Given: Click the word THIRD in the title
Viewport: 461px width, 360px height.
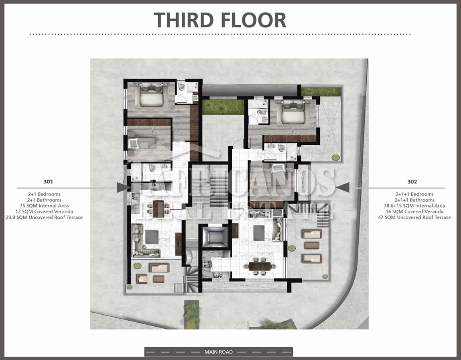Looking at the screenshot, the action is [x=183, y=20].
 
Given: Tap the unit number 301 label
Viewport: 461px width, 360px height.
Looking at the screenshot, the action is [x=48, y=181].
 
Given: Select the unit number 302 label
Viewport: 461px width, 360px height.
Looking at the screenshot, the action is [x=412, y=181].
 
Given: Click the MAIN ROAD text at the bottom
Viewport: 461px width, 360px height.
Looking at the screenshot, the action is [x=218, y=352].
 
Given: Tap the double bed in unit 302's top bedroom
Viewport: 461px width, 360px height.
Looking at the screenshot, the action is [x=293, y=112].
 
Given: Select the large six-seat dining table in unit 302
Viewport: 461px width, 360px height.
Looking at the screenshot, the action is [x=260, y=266].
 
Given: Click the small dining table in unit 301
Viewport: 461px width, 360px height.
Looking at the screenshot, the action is [x=158, y=208].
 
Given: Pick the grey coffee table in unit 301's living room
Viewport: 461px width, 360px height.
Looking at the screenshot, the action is [x=152, y=237].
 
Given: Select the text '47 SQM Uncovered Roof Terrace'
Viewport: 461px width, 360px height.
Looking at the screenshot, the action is [x=414, y=218].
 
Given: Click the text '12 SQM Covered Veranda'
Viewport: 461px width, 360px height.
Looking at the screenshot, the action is [x=45, y=212].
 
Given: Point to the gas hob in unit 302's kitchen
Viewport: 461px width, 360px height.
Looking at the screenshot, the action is [x=207, y=264].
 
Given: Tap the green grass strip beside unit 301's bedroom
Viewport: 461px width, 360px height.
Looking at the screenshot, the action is [x=223, y=107].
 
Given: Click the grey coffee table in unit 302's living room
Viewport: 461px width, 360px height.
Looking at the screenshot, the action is [x=259, y=233].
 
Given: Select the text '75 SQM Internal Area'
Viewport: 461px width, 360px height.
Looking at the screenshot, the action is [x=44, y=205].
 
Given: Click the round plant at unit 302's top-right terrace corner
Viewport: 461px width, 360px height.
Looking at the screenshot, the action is [x=335, y=158].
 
